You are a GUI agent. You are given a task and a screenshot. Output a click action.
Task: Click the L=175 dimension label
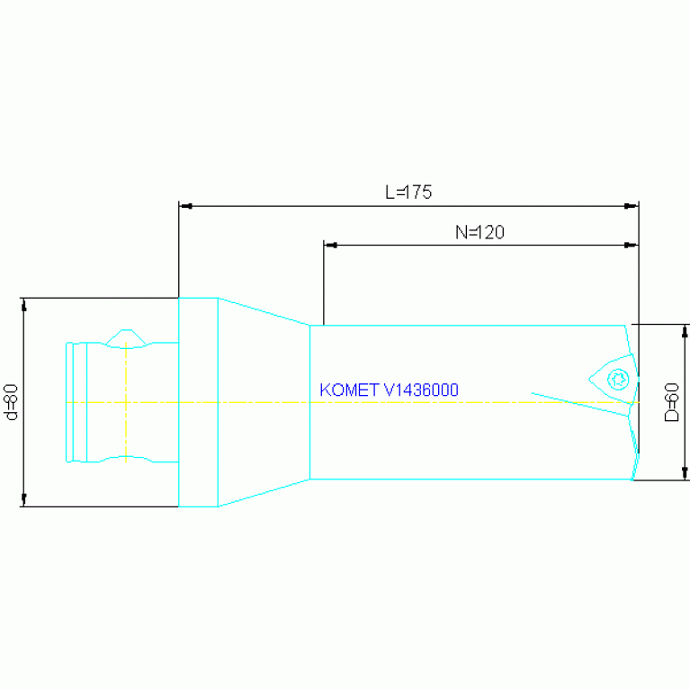coord(408,192)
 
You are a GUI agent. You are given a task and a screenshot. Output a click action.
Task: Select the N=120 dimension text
coord(479,232)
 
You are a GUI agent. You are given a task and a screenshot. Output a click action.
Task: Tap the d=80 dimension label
coord(11,402)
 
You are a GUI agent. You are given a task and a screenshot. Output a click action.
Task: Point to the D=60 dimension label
coord(671,402)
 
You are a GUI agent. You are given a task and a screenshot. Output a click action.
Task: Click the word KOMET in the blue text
coord(349,390)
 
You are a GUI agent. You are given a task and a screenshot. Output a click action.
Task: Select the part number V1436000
coord(421,390)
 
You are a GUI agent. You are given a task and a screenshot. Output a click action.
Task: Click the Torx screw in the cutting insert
coord(618,380)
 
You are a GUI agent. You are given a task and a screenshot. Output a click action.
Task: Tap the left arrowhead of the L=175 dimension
coord(186,206)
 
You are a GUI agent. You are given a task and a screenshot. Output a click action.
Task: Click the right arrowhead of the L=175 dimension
coord(631,206)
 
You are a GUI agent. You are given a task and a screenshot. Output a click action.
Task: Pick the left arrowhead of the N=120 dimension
coord(331,245)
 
